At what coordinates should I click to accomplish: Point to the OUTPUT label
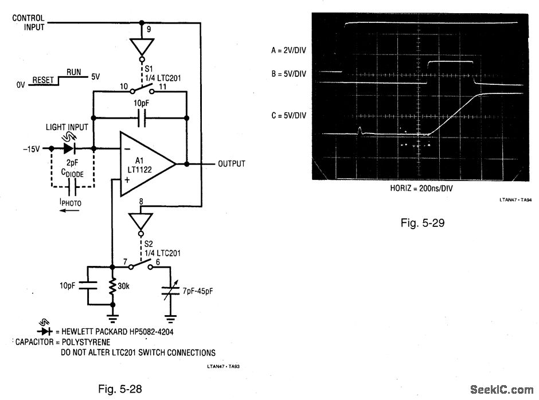point(231,164)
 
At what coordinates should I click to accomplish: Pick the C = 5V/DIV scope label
point(289,115)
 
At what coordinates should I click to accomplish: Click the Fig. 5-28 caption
point(120,389)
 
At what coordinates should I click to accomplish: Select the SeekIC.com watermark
point(501,390)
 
